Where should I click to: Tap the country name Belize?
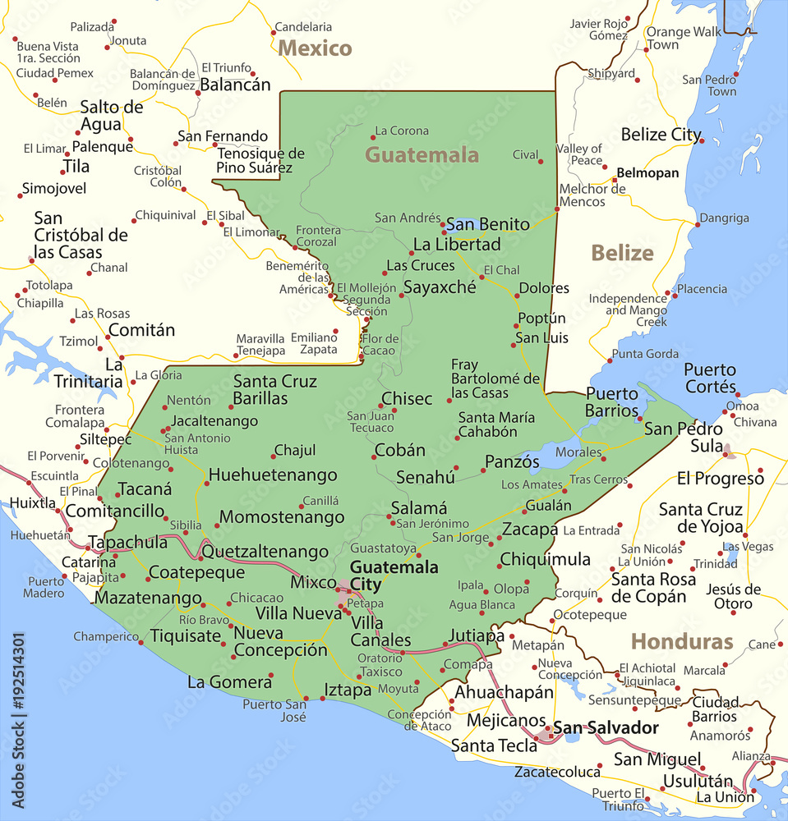click(x=622, y=253)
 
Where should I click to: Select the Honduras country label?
click(x=681, y=641)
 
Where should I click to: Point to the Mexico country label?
click(x=315, y=48)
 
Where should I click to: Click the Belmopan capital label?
click(x=648, y=173)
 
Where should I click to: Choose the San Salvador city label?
click(x=606, y=727)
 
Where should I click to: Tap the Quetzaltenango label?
click(x=265, y=551)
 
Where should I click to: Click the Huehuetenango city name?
click(x=273, y=475)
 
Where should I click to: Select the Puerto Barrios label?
click(x=612, y=401)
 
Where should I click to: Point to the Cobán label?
click(x=400, y=450)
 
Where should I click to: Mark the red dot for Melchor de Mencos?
click(x=557, y=209)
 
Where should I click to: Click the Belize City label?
click(x=661, y=135)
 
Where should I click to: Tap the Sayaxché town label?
click(x=439, y=287)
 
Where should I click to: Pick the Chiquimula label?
click(x=546, y=559)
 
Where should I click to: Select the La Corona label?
click(x=401, y=131)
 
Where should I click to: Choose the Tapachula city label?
click(x=127, y=543)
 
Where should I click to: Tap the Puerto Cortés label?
click(x=710, y=378)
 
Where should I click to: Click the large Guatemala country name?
click(x=422, y=154)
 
